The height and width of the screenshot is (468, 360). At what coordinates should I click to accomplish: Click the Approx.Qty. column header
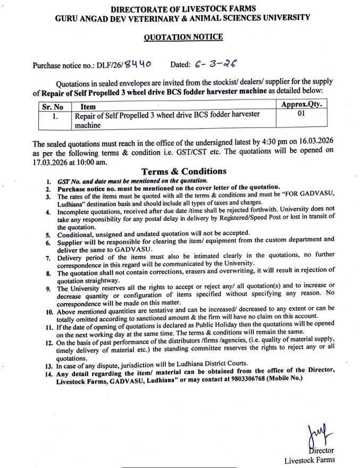tap(301, 105)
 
